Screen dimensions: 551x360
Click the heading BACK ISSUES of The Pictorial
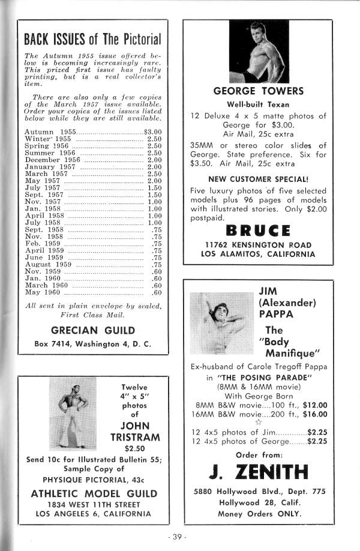point(93,40)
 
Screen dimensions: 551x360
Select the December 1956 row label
point(53,160)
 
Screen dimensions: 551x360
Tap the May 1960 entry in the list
point(43,293)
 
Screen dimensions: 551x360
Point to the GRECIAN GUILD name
point(92,330)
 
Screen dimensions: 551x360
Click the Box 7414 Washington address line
point(92,344)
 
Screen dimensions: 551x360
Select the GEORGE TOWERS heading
point(259,91)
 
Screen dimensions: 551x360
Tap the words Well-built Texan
point(259,104)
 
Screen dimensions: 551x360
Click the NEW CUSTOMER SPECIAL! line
point(259,179)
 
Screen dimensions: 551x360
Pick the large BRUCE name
point(259,230)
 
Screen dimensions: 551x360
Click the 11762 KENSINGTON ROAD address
point(259,245)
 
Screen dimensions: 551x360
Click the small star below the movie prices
point(259,423)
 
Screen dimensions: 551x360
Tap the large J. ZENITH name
point(259,474)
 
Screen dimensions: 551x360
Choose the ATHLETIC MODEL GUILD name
point(92,493)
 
